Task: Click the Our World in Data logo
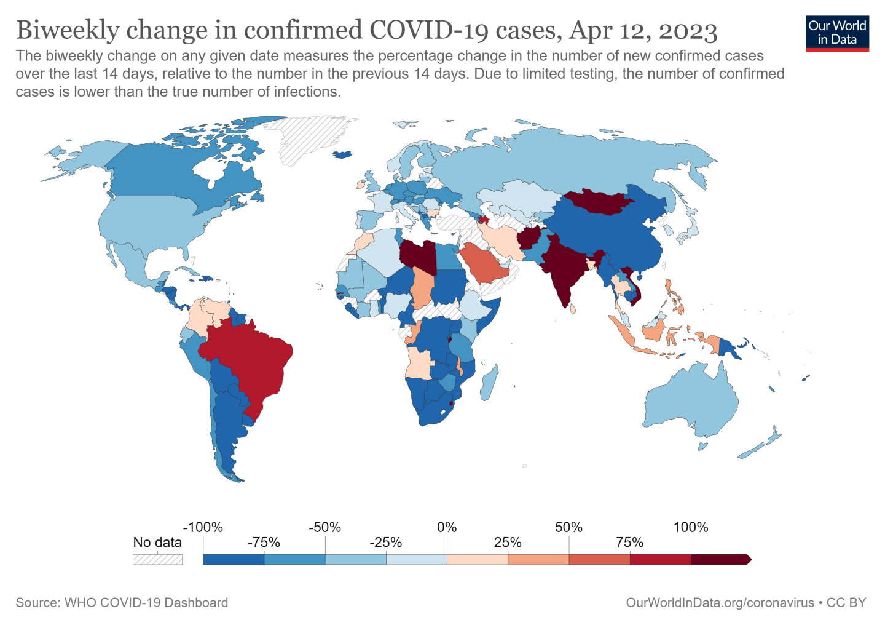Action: click(837, 33)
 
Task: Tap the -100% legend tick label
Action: click(203, 527)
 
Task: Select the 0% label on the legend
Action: click(447, 527)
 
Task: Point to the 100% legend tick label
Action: click(691, 527)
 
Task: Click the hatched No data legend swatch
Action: click(158, 559)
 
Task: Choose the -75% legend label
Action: click(264, 543)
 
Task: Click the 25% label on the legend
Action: click(508, 543)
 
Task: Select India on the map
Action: click(562, 271)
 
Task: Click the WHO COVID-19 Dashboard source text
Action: click(146, 603)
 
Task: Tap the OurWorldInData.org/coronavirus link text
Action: click(720, 603)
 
